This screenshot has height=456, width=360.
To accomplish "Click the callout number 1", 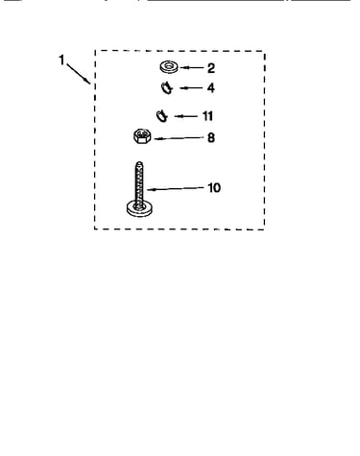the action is pyautogui.click(x=61, y=60).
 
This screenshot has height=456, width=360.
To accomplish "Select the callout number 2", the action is pyautogui.click(x=211, y=68).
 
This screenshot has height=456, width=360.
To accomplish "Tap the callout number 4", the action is pyautogui.click(x=210, y=87).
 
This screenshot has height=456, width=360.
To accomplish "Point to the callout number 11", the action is pyautogui.click(x=207, y=116).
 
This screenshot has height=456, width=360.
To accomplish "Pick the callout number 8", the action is pyautogui.click(x=211, y=137).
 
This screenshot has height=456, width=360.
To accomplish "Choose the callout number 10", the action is pyautogui.click(x=214, y=187).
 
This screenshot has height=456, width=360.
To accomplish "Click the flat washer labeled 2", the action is pyautogui.click(x=169, y=67).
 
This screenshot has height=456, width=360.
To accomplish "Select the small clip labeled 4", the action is pyautogui.click(x=167, y=88).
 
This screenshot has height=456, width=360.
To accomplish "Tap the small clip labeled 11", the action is pyautogui.click(x=162, y=116).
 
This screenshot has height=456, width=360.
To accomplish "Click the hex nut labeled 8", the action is pyautogui.click(x=142, y=136).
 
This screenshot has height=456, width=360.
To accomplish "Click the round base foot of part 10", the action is pyautogui.click(x=139, y=208).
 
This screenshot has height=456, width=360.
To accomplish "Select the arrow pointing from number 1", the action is pyautogui.click(x=79, y=74).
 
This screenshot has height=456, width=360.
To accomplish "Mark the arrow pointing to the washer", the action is pyautogui.click(x=192, y=68).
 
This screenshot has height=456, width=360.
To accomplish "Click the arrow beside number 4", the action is pyautogui.click(x=191, y=88).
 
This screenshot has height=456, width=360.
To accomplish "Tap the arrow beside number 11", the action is pyautogui.click(x=186, y=116).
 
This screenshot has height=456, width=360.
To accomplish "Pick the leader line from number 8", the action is pyautogui.click(x=179, y=138).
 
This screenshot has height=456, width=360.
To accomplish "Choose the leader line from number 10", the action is pyautogui.click(x=176, y=189).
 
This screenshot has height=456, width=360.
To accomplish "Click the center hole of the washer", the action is pyautogui.click(x=169, y=66).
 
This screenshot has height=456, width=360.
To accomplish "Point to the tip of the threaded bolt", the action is pyautogui.click(x=139, y=162).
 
